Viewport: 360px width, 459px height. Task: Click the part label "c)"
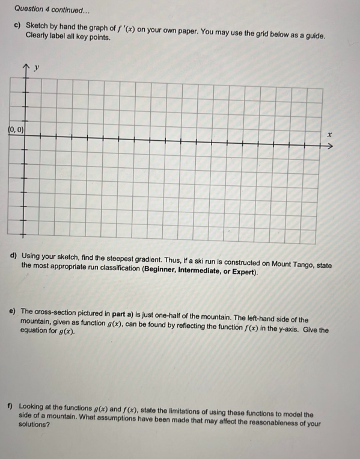(x=18, y=28)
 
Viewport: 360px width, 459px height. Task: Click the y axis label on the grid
(x=37, y=68)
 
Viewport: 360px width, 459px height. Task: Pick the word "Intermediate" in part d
(x=199, y=273)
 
